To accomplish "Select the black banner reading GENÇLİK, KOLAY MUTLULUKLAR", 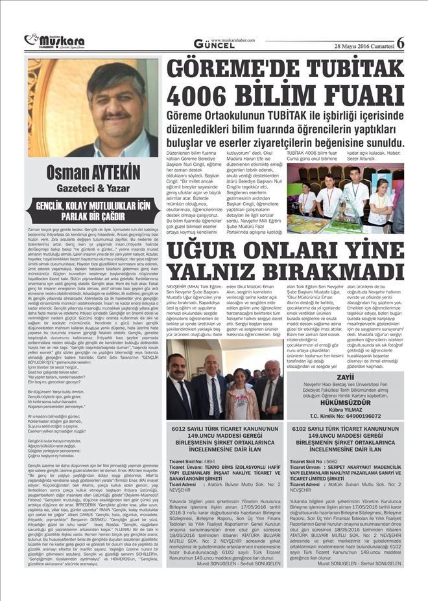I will click(93, 212).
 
